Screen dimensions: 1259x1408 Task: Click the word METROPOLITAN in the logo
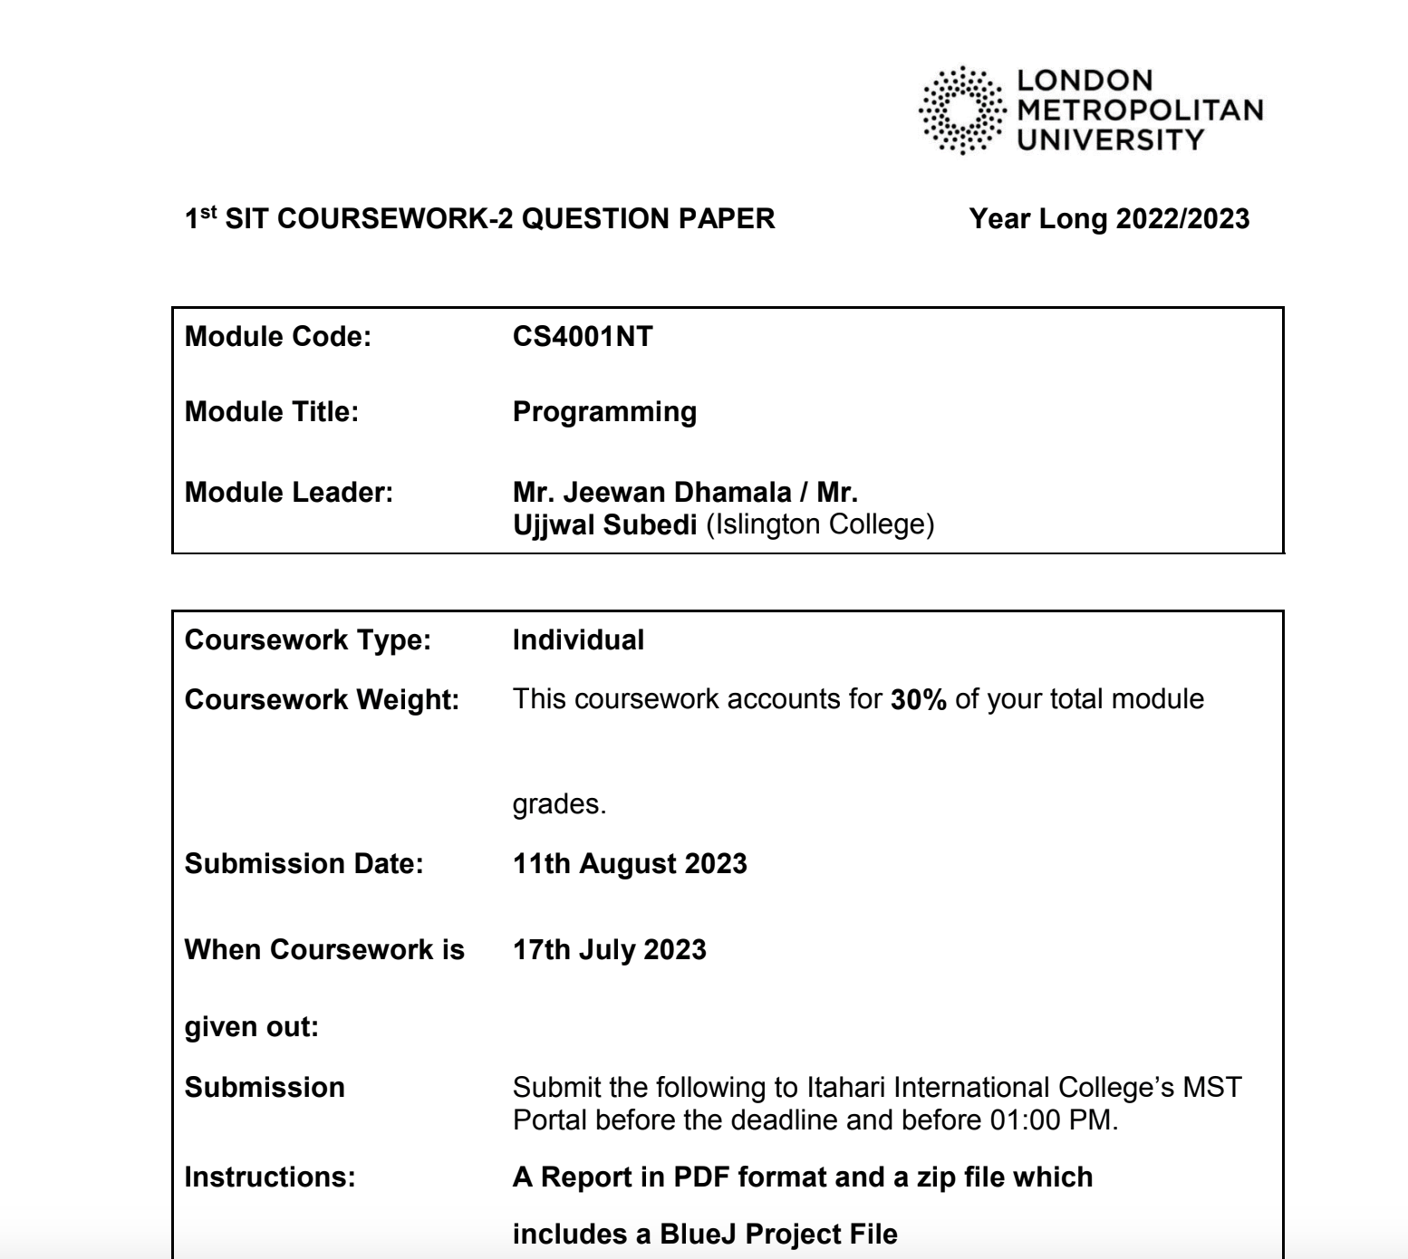[1140, 110]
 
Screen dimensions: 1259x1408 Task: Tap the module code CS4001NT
[583, 337]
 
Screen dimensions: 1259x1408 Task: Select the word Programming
[604, 412]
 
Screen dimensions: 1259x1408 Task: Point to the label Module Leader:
[289, 493]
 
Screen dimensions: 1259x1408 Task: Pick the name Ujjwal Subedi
[604, 524]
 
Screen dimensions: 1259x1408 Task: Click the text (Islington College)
[819, 524]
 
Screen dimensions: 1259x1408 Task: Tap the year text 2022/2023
[1182, 219]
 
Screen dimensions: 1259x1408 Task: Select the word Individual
[578, 640]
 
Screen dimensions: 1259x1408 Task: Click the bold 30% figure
[919, 699]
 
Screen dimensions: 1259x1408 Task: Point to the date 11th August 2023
[630, 864]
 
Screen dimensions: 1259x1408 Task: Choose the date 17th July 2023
[609, 950]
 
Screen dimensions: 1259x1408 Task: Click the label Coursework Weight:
[322, 700]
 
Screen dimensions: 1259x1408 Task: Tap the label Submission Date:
[304, 864]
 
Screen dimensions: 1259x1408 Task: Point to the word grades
[559, 804]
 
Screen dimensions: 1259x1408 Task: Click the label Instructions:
[270, 1177]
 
